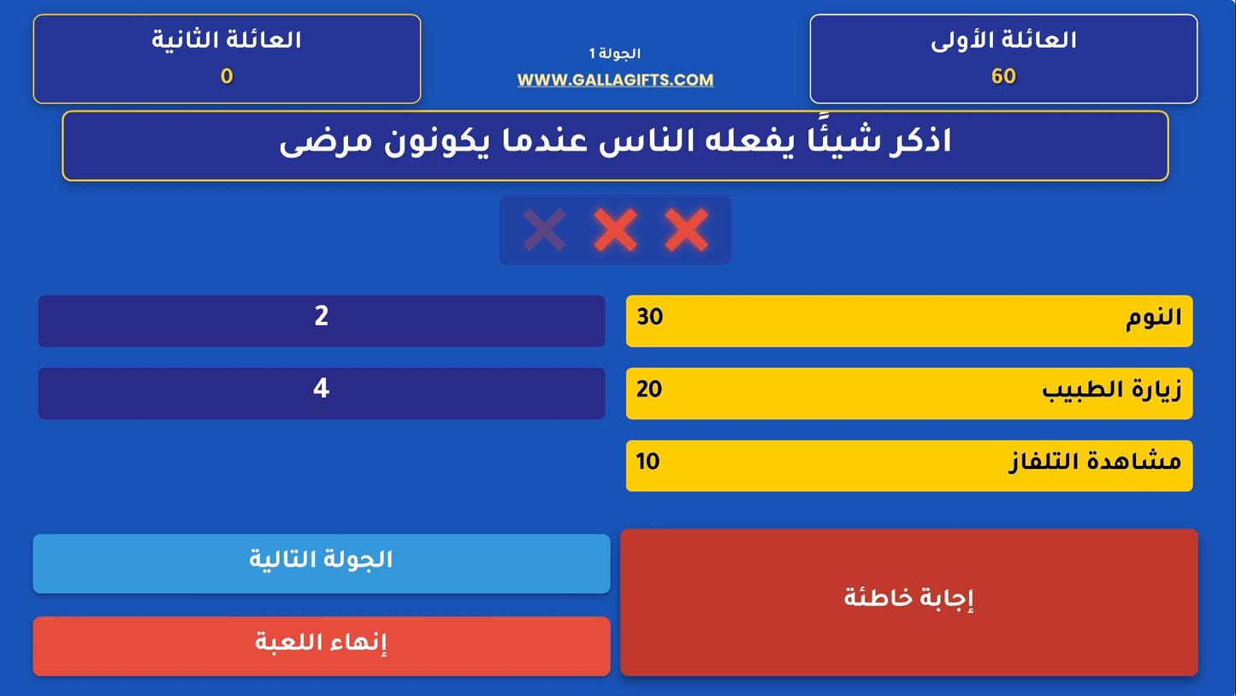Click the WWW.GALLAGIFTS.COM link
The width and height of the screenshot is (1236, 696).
pos(615,80)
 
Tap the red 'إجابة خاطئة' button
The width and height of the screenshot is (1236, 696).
pos(908,598)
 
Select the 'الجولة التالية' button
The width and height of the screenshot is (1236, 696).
pos(321,561)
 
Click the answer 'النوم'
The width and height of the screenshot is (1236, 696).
pos(1153,318)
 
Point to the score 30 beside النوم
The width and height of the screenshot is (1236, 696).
pos(650,317)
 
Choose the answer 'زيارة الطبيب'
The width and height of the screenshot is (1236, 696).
pos(1111,390)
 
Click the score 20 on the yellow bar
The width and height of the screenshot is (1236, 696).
pos(649,390)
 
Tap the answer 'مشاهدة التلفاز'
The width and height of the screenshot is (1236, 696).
pos(1095,462)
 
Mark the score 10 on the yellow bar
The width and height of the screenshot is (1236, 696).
pos(648,461)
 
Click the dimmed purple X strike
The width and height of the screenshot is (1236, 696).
pos(545,229)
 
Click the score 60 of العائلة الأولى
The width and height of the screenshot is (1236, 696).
pos(1003,77)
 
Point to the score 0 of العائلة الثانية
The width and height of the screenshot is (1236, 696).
pos(227,77)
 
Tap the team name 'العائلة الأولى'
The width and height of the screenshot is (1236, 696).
pos(1003,40)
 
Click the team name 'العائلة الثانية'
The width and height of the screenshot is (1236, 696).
pos(227,40)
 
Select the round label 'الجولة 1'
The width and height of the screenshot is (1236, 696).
pos(615,54)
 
